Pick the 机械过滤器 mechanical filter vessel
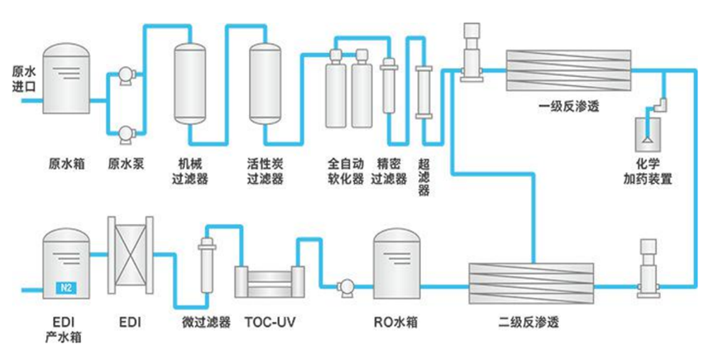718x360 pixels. (189, 87)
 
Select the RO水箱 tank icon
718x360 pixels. (399, 264)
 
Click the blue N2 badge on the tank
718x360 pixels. (65, 288)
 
